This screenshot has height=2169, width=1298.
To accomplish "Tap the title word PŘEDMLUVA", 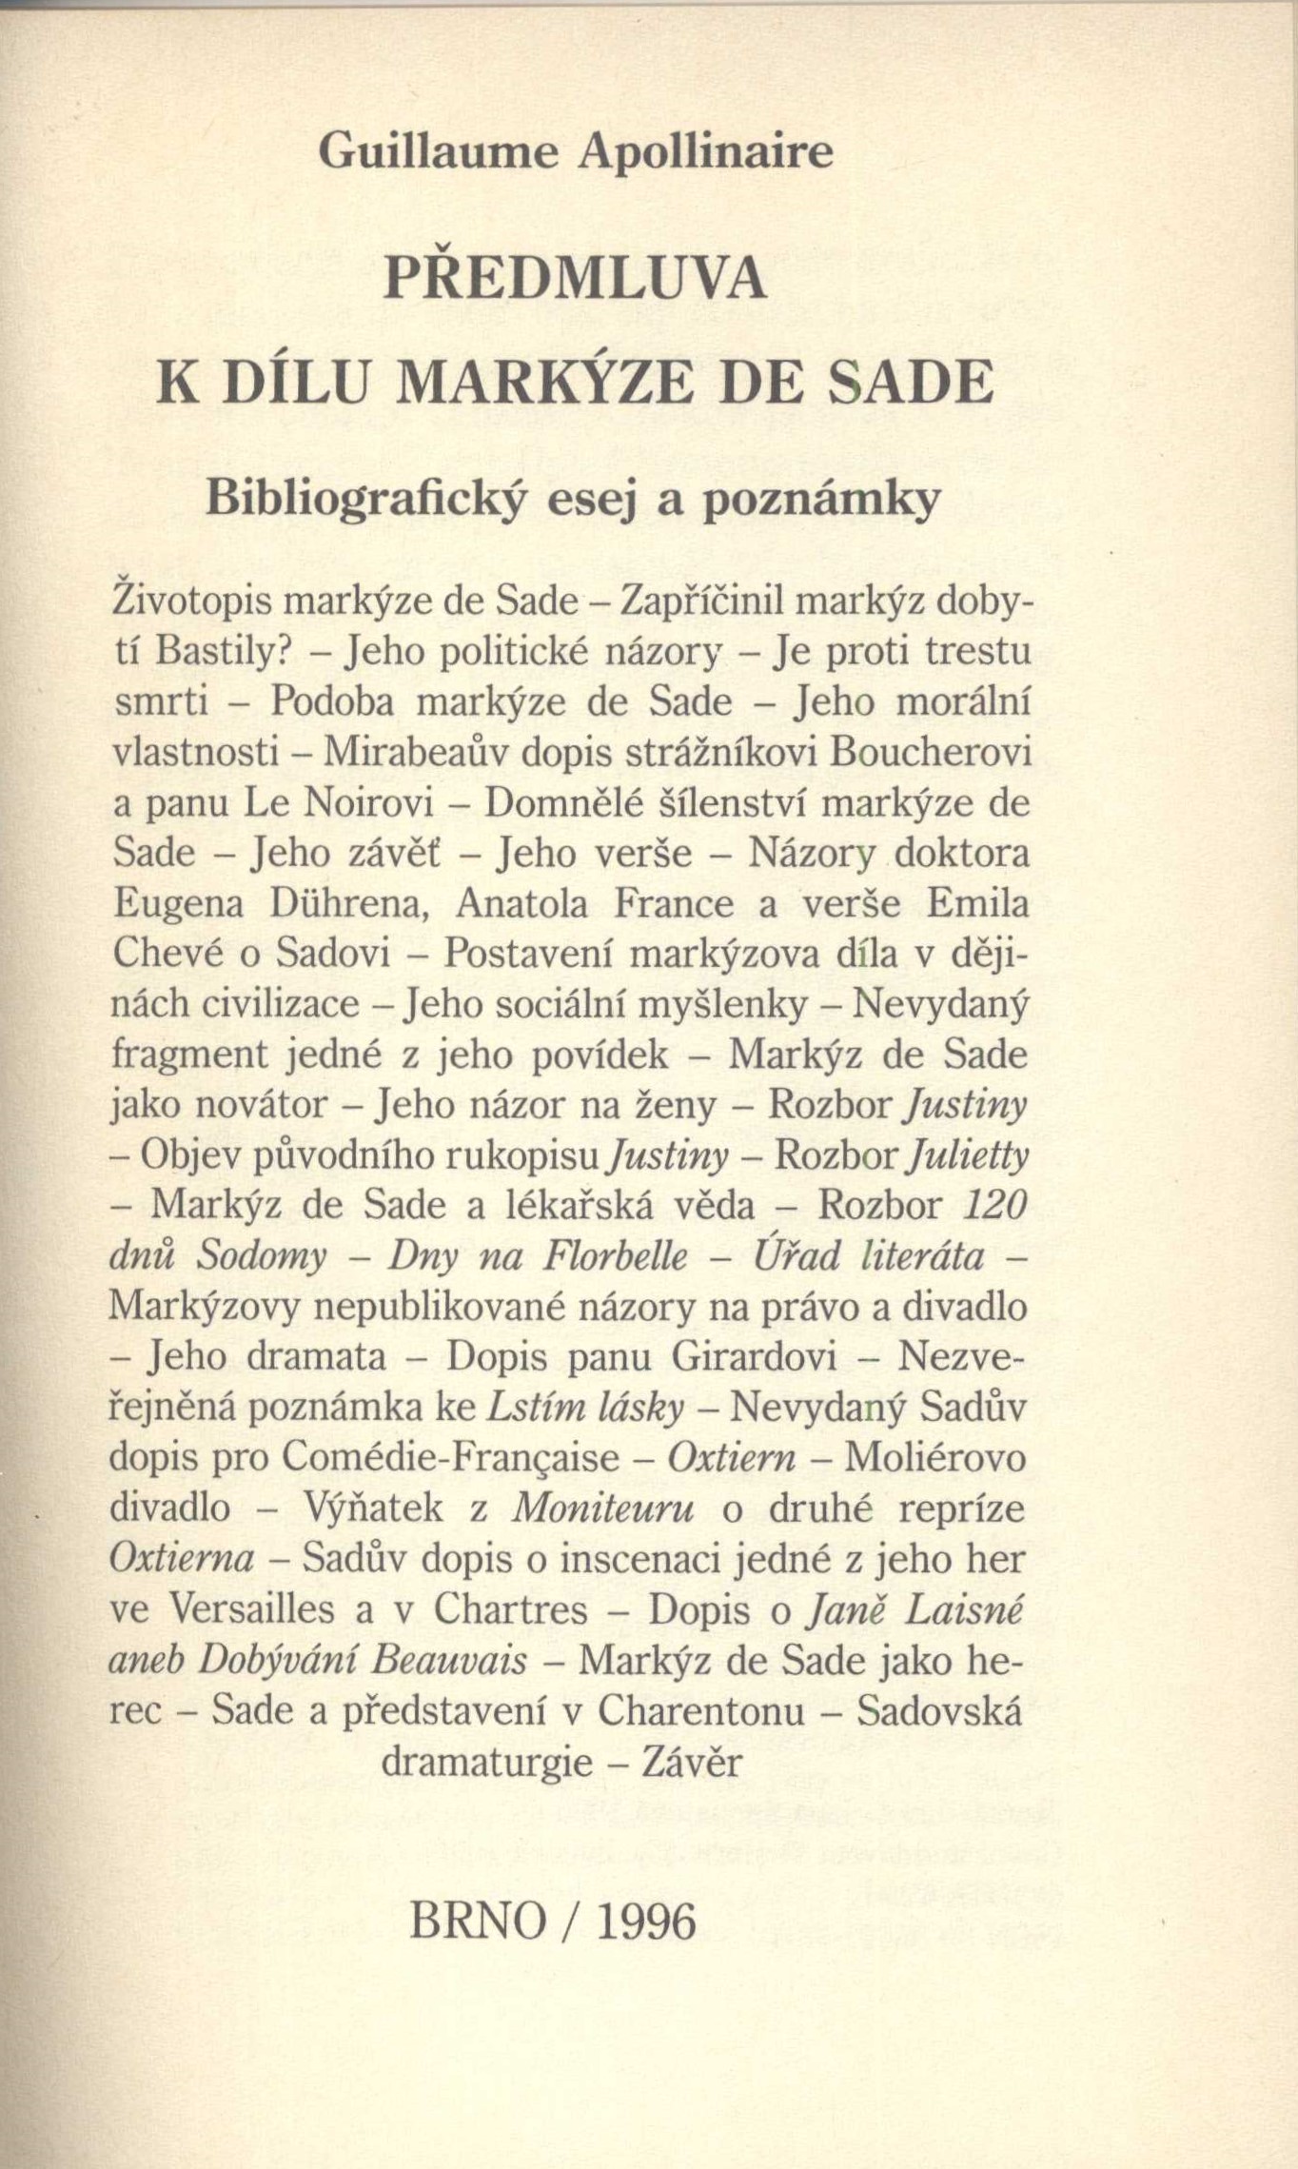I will pos(575,280).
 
